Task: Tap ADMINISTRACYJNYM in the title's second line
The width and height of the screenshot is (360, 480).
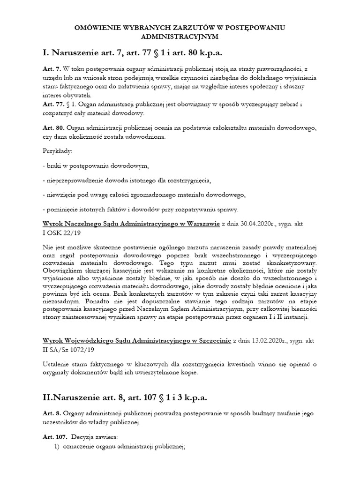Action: coord(180,37)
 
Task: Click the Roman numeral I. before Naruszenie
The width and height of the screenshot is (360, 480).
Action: coord(45,52)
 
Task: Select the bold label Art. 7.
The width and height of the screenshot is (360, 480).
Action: coord(51,69)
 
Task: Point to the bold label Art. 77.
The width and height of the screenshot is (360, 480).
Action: coord(53,105)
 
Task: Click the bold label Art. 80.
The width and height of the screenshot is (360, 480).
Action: coord(53,128)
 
